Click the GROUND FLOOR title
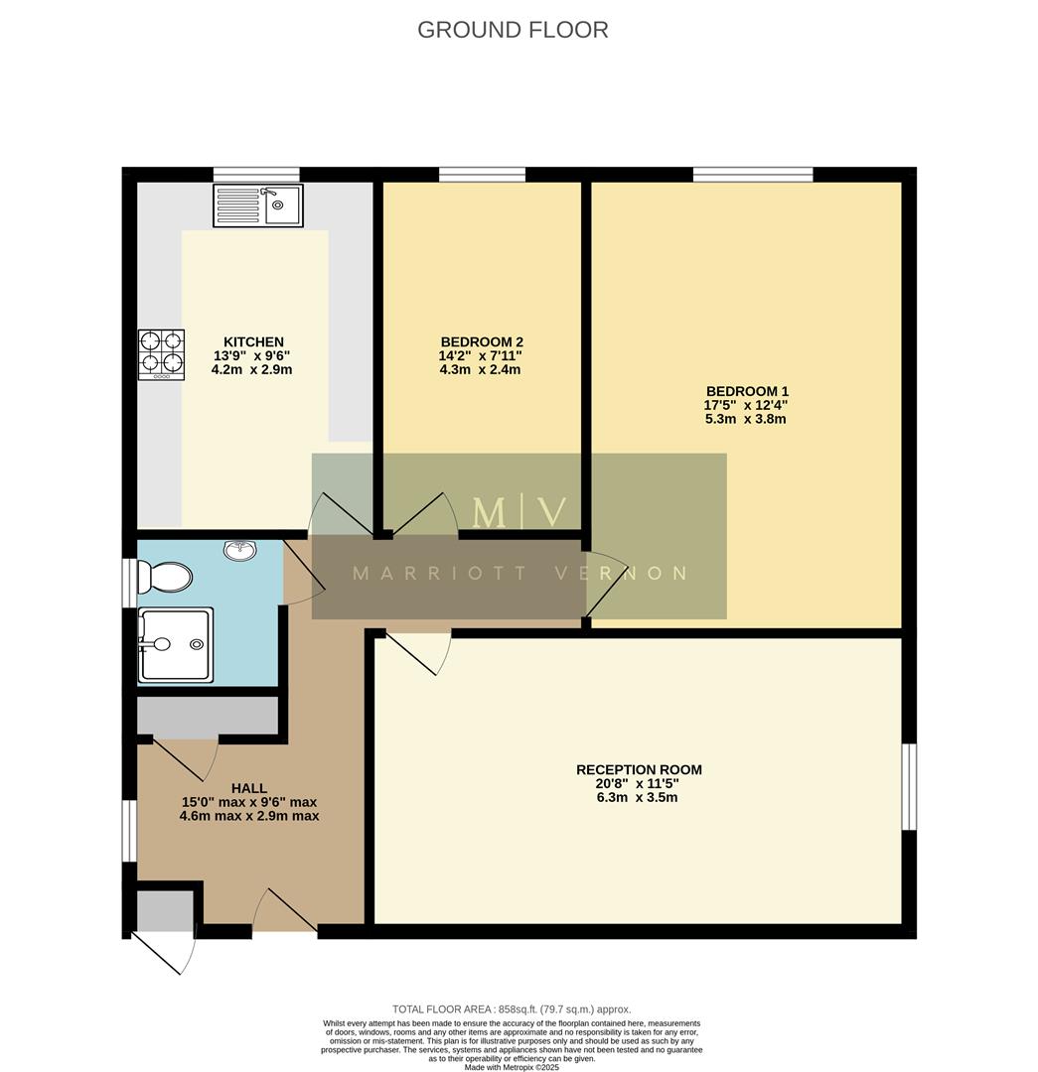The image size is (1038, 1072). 513,30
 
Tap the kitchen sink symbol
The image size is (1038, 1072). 257,205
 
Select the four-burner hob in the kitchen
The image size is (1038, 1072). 161,354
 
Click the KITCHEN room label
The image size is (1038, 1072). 253,341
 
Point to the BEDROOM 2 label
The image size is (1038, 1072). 481,341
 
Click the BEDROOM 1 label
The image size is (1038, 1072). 746,391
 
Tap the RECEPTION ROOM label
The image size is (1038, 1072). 639,769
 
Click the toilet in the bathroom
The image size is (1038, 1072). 165,577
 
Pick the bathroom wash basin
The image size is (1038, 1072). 239,550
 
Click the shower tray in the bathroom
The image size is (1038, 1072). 176,645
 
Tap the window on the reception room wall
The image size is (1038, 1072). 909,786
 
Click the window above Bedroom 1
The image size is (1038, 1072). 753,175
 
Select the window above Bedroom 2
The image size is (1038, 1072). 482,175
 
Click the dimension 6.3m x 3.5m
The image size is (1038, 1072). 639,797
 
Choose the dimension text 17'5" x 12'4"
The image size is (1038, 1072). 746,405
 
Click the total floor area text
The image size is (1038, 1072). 512,1009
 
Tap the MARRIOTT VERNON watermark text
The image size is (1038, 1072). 519,574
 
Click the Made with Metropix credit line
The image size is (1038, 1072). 512,1067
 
